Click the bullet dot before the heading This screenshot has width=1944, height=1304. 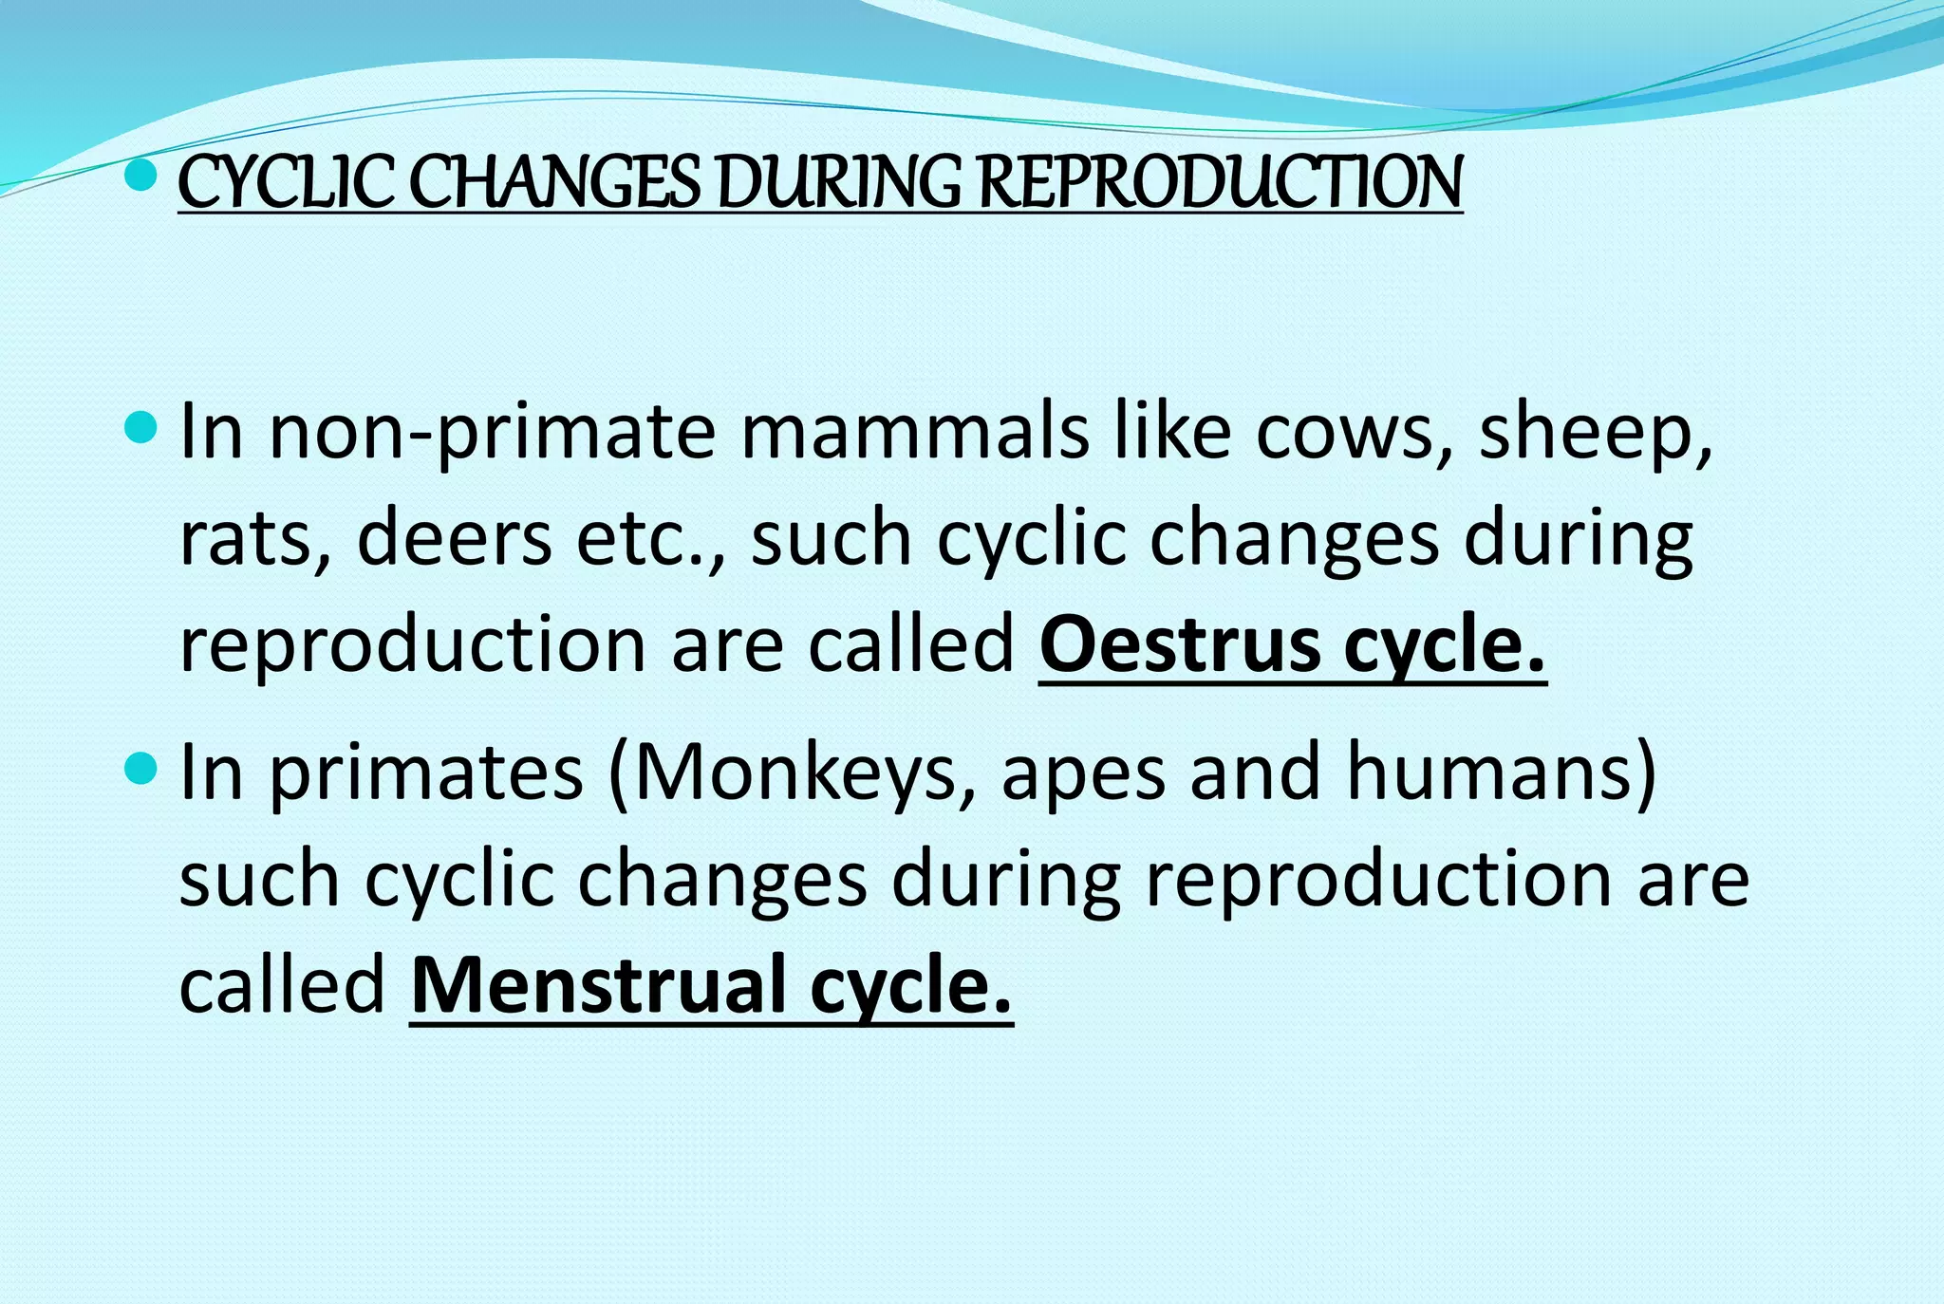click(x=140, y=175)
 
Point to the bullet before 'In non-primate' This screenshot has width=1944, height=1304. click(x=140, y=428)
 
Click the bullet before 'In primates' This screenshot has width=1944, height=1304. click(x=140, y=768)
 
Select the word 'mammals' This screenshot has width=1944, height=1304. click(x=915, y=433)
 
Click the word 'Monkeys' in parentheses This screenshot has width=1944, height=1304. click(x=794, y=773)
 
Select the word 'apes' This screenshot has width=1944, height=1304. click(x=1083, y=773)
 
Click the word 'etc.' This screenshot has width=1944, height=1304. click(x=650, y=539)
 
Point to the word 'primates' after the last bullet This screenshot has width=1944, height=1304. click(x=426, y=773)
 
